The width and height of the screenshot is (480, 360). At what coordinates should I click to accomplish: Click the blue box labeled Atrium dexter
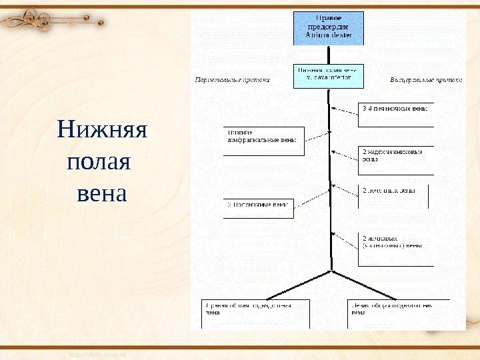pyautogui.click(x=329, y=27)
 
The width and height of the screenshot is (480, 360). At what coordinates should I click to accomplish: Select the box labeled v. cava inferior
pyautogui.click(x=329, y=76)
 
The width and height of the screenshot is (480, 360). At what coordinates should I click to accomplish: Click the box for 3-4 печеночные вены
pyautogui.click(x=396, y=113)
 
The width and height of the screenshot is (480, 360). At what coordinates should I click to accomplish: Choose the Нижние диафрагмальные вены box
pyautogui.click(x=263, y=136)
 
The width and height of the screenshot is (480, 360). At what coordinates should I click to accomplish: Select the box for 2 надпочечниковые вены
pyautogui.click(x=396, y=156)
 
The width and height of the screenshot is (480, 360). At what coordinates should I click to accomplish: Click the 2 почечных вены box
pyautogui.click(x=393, y=195)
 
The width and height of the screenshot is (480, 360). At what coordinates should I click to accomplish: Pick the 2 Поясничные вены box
pyautogui.click(x=258, y=208)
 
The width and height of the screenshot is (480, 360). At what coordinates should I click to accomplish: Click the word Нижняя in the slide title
pyautogui.click(x=102, y=129)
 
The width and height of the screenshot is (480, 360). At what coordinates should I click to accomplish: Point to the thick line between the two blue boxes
pyautogui.click(x=329, y=55)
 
